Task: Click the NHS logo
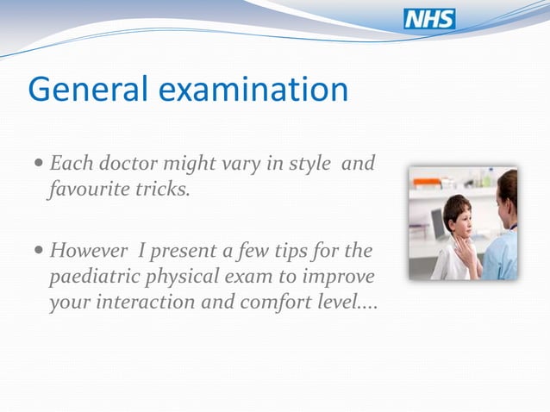point(429,19)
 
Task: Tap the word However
point(88,252)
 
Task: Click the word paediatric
point(88,278)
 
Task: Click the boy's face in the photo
point(460,222)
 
